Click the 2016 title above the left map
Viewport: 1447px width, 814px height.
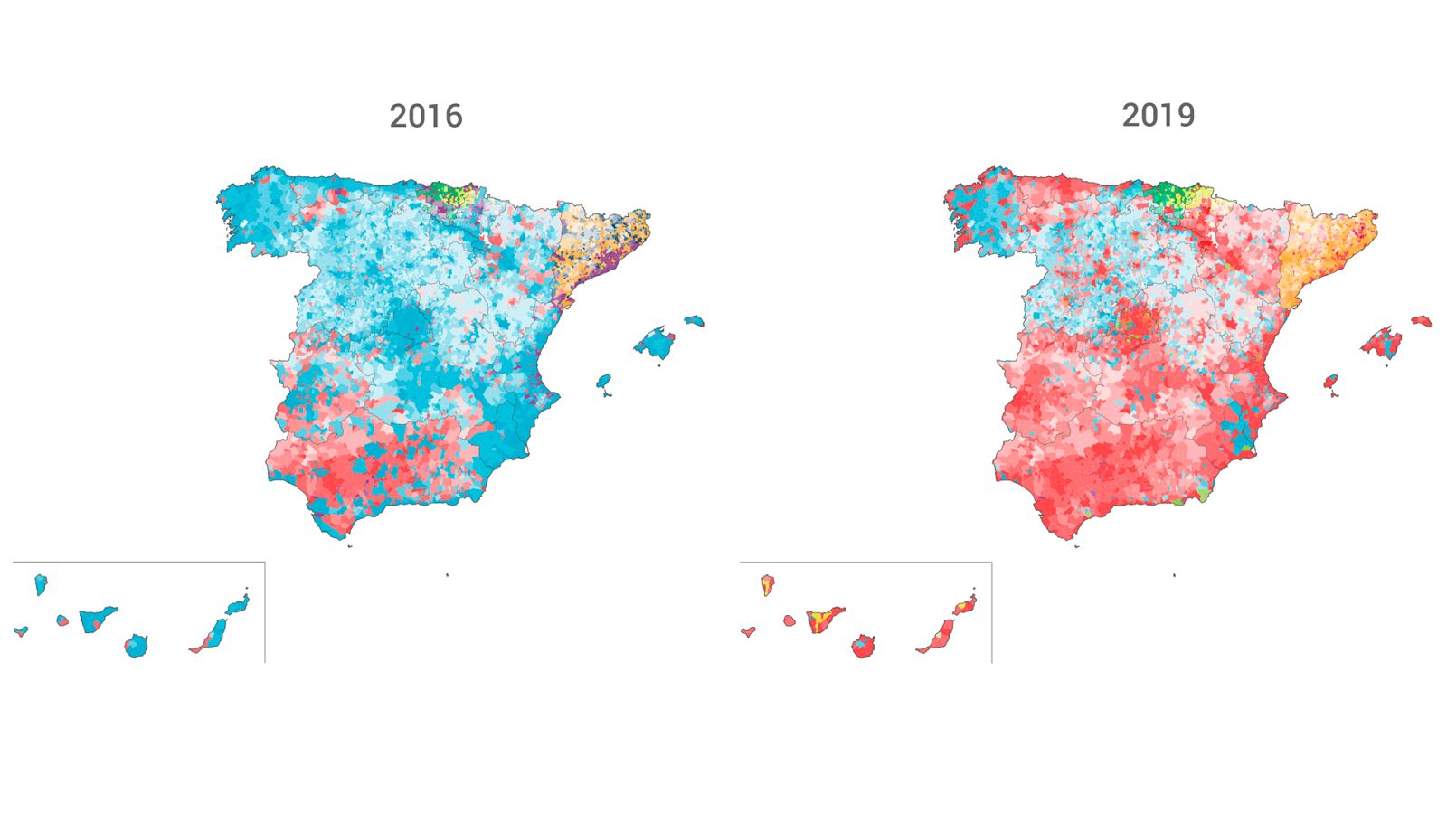click(426, 116)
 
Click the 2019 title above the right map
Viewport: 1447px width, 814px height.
click(1159, 115)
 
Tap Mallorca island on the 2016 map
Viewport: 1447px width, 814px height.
click(655, 343)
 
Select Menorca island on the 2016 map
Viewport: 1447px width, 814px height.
click(694, 320)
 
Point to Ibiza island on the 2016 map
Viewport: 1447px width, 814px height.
click(603, 383)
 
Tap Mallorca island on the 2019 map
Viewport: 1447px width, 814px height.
click(1383, 344)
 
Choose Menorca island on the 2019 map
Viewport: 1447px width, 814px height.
click(1422, 320)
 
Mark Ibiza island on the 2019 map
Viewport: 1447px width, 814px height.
click(1331, 383)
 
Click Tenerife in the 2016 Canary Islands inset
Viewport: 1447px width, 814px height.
click(98, 620)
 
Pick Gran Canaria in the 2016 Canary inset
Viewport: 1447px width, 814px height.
click(136, 646)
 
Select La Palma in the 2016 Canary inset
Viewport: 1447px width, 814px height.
click(41, 584)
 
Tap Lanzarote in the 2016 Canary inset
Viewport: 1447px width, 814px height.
click(238, 604)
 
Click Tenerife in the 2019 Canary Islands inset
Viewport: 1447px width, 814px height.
click(825, 620)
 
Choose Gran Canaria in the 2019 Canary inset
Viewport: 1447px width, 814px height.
click(863, 646)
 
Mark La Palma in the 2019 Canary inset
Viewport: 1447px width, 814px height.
click(768, 584)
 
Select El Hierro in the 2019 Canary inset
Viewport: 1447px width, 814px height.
click(748, 631)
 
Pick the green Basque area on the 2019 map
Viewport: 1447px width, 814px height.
click(1171, 193)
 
